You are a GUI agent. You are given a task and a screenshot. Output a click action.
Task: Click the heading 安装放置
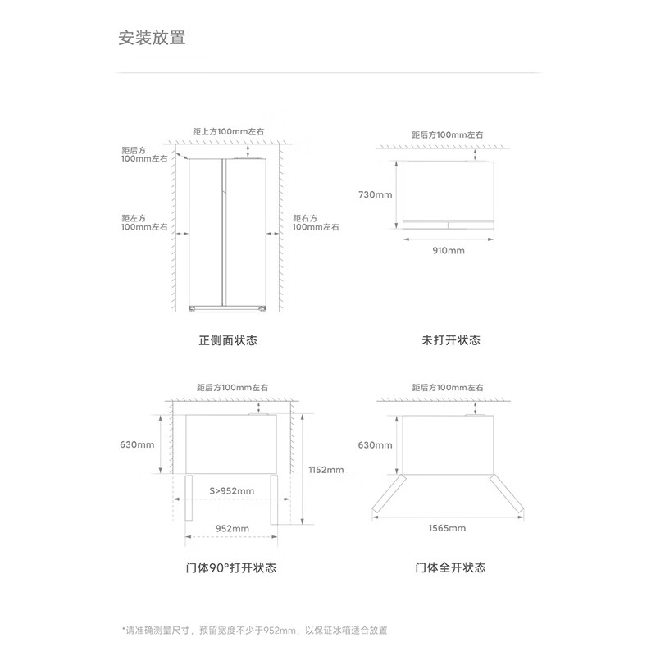(x=152, y=38)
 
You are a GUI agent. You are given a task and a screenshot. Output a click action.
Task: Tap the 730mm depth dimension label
(x=376, y=194)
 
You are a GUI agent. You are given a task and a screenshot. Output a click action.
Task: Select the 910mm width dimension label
(x=449, y=251)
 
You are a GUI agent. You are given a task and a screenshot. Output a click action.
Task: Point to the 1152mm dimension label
(x=326, y=470)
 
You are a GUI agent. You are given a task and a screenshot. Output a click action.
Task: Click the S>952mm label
(x=232, y=490)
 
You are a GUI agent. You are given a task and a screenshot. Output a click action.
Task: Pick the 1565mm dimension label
(x=447, y=528)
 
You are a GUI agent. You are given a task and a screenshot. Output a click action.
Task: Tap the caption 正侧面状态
(x=228, y=340)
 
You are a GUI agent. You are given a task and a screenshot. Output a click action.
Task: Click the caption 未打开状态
(x=451, y=340)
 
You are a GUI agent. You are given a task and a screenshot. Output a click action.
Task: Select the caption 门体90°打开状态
(x=231, y=567)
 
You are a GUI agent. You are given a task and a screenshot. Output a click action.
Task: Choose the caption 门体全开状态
(x=450, y=567)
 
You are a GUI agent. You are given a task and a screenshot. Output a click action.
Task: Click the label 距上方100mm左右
(x=229, y=131)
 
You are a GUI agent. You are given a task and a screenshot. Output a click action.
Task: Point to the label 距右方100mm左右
(x=316, y=222)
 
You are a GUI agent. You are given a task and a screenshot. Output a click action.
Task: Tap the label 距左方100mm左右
(x=144, y=222)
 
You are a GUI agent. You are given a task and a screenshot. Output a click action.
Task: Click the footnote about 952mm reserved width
(x=254, y=631)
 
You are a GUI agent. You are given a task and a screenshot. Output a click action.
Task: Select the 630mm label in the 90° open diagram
(x=137, y=444)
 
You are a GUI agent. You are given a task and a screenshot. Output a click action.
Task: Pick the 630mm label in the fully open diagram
(x=376, y=445)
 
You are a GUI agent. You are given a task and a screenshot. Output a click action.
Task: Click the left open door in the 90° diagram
(x=189, y=498)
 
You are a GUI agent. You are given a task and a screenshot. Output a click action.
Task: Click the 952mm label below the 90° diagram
(x=232, y=528)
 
